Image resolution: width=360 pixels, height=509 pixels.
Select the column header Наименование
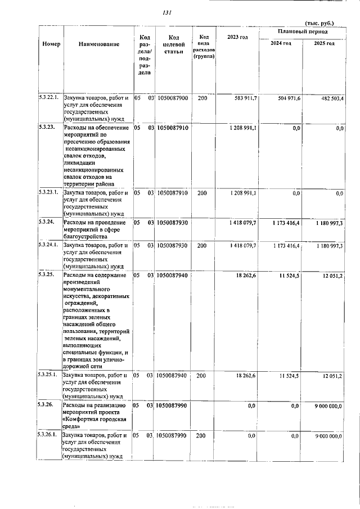coord(99,44)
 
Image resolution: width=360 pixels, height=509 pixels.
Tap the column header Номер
coord(51,44)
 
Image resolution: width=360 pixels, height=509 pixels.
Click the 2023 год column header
coord(237,37)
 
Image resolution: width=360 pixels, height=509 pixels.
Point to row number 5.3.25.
coord(46,274)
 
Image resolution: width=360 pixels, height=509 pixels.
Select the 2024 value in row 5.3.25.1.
coord(291,375)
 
